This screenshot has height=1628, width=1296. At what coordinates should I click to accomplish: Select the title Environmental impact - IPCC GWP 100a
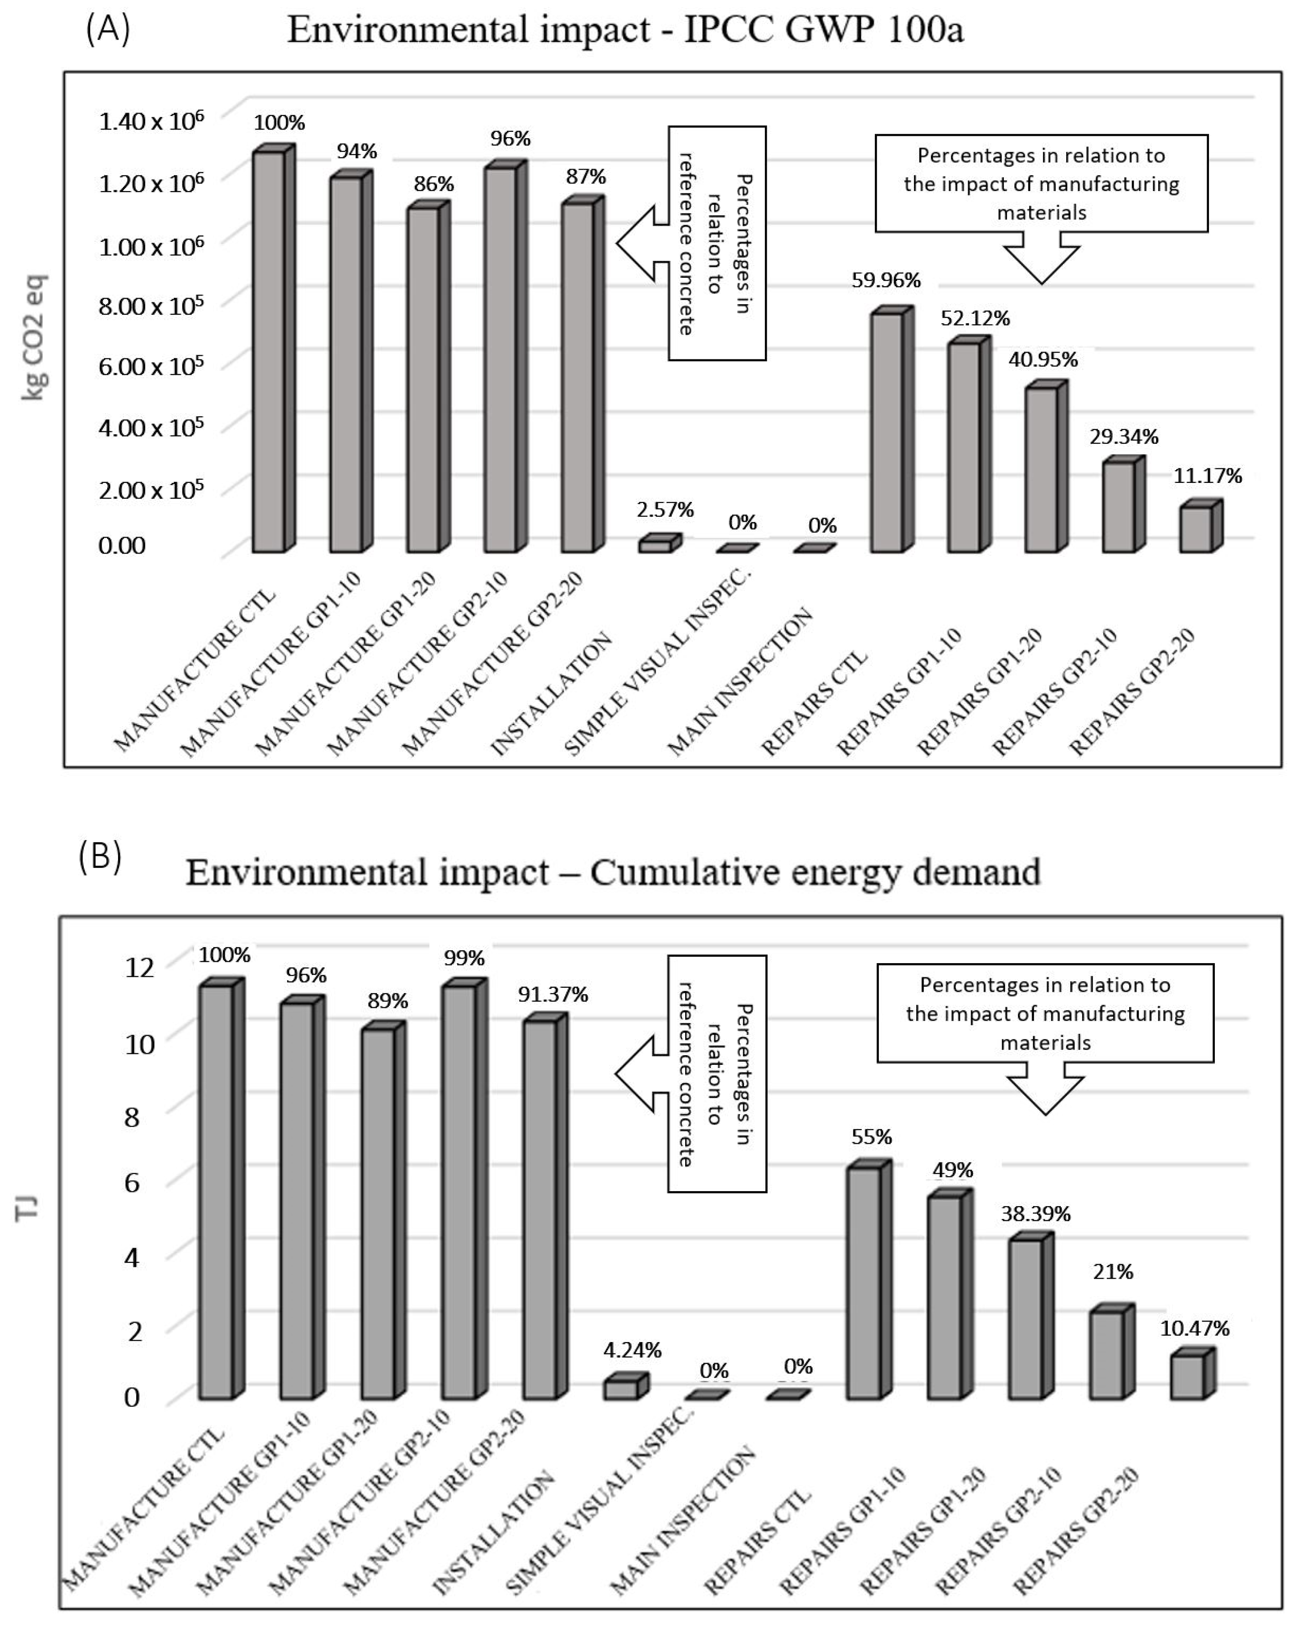[x=625, y=30]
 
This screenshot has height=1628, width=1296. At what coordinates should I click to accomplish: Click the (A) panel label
[x=108, y=30]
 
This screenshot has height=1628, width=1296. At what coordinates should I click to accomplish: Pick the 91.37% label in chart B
[x=552, y=995]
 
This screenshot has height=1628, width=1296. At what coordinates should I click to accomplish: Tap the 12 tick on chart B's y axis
[x=139, y=967]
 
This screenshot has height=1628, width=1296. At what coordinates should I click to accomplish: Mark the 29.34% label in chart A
[x=1123, y=436]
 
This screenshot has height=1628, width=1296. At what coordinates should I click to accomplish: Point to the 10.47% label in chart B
[x=1194, y=1328]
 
